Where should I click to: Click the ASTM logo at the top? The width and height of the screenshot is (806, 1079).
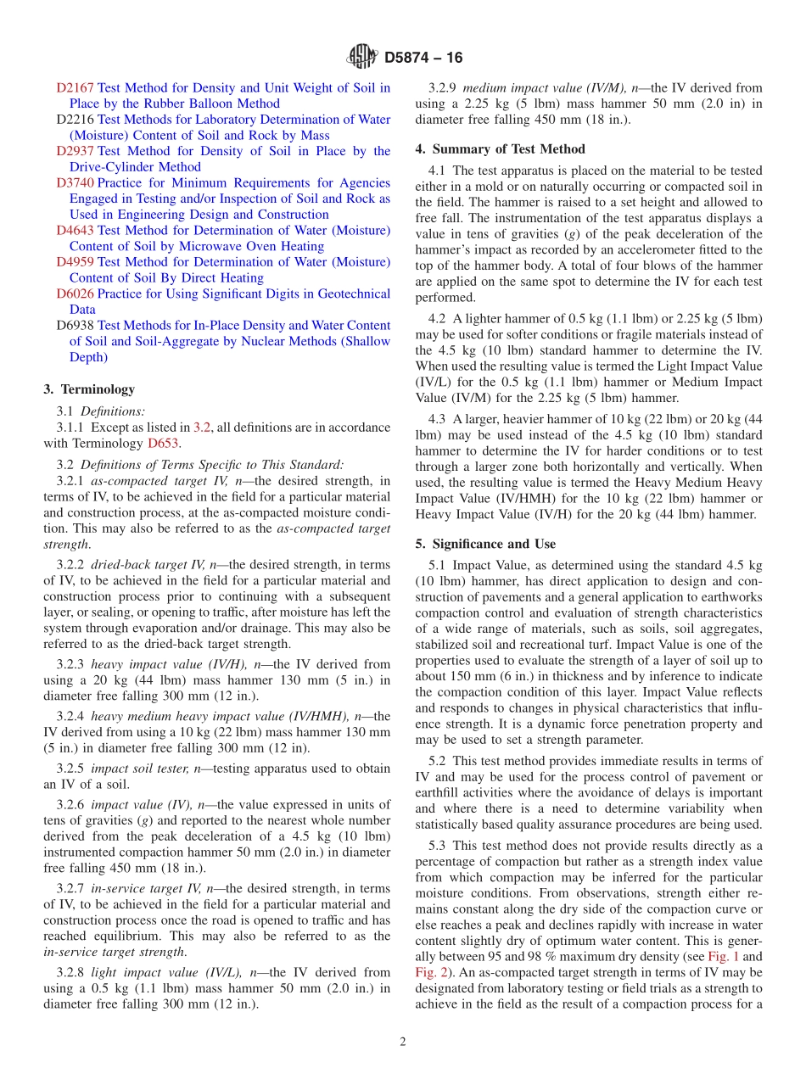pyautogui.click(x=362, y=58)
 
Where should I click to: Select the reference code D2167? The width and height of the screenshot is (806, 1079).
pyautogui.click(x=75, y=87)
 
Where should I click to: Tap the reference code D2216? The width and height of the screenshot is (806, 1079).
pyautogui.click(x=75, y=120)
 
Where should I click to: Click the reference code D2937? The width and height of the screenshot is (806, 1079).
pyautogui.click(x=75, y=151)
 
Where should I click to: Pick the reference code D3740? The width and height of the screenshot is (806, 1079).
pyautogui.click(x=75, y=183)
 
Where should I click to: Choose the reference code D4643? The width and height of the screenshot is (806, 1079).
pyautogui.click(x=75, y=231)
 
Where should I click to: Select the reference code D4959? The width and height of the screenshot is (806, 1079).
pyautogui.click(x=75, y=262)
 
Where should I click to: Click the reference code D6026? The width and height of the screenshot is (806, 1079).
pyautogui.click(x=75, y=294)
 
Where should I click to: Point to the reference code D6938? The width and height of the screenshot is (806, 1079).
pyautogui.click(x=75, y=326)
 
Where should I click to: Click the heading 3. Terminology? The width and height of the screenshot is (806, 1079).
pyautogui.click(x=88, y=389)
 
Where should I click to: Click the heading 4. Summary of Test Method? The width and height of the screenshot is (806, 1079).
pyautogui.click(x=500, y=149)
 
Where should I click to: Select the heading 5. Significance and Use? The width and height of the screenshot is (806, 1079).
pyautogui.click(x=485, y=544)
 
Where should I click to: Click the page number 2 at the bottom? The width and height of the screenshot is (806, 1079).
pyautogui.click(x=403, y=1042)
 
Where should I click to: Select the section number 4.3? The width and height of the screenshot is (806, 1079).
pyautogui.click(x=439, y=419)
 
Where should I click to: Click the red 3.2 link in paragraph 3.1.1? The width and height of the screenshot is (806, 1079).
pyautogui.click(x=202, y=428)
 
